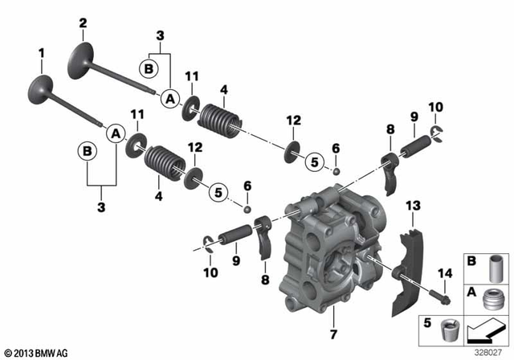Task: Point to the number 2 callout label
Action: tap(82, 25)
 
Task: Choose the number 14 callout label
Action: tap(443, 274)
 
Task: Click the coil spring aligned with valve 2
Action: tap(214, 109)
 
